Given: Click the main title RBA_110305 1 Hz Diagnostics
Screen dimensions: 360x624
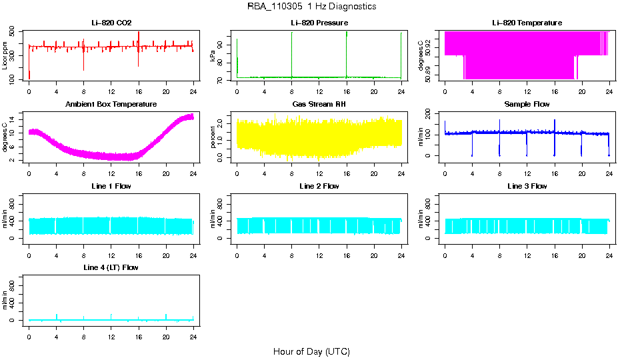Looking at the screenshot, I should coord(311,7).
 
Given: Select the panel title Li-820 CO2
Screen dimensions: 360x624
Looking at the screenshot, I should coord(111,23).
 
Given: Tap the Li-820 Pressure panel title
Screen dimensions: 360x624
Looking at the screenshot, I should coord(319,23).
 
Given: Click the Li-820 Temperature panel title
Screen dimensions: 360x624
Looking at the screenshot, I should coord(527,23).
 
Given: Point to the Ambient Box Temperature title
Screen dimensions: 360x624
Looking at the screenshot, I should coord(111,105).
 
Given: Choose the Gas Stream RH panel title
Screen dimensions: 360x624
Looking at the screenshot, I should coord(319,105).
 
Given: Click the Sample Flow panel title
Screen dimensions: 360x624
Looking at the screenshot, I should coord(527,105).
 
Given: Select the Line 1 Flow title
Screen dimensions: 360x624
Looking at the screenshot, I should coord(111,186).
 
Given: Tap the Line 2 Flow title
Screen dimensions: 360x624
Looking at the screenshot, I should coord(319,186).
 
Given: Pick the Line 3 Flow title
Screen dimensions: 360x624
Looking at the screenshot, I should coord(527,186).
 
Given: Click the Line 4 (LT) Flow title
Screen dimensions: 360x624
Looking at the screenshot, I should coord(111,267).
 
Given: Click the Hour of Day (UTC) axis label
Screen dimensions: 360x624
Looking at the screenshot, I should coord(311,351).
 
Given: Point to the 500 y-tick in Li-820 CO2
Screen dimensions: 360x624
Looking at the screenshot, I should coord(13,32).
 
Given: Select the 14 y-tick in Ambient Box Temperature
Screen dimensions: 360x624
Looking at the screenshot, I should coord(13,118).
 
